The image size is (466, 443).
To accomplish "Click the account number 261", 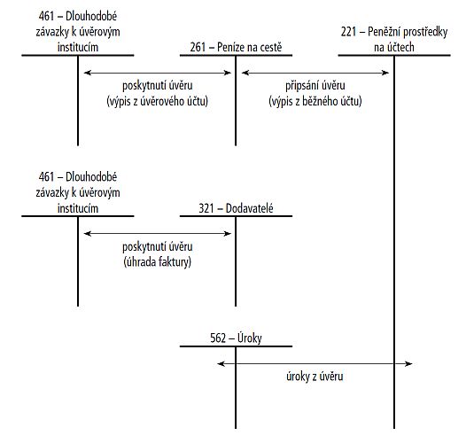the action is point(198,47).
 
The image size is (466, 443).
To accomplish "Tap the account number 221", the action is point(348,32).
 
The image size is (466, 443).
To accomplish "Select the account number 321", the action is point(206,208).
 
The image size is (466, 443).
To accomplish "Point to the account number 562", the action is point(218,338).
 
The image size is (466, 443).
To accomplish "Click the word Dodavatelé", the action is point(249,208).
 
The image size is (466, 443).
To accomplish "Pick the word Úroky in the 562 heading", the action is point(250,338).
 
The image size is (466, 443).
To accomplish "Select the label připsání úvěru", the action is point(315,86).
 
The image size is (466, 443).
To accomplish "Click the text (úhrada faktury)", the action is point(157,262).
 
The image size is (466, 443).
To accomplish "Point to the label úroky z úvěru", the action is point(315,377).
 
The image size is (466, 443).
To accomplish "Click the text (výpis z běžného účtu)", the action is point(315,101).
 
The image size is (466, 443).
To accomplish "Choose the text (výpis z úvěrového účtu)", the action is point(157,101).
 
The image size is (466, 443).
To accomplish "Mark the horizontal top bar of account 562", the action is point(236,346).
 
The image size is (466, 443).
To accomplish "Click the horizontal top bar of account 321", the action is point(236,216).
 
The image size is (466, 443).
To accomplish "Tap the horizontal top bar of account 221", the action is point(394,55).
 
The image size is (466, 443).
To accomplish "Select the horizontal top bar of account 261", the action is point(236,55).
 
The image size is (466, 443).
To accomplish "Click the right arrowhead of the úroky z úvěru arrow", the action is point(409,363).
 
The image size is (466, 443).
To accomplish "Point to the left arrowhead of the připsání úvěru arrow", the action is point(245,73).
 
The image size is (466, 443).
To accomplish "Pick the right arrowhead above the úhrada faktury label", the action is point(228,234).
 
